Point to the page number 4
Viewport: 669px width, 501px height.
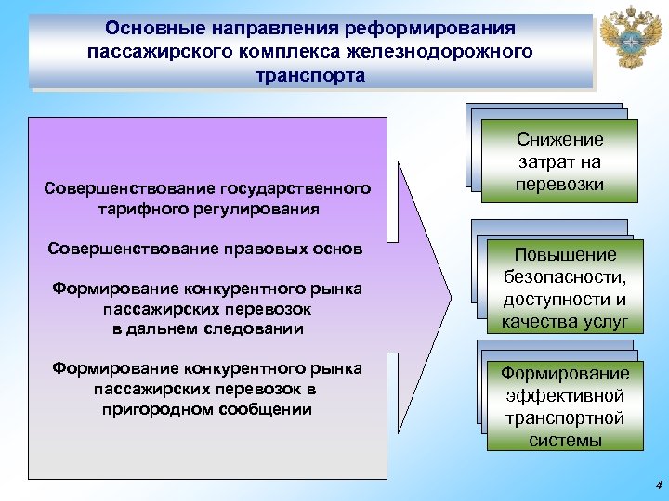pyautogui.click(x=657, y=484)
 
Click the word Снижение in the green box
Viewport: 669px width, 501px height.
pyautogui.click(x=560, y=140)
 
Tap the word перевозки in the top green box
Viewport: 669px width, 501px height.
pyautogui.click(x=560, y=184)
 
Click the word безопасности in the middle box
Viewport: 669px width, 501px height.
pyautogui.click(x=563, y=277)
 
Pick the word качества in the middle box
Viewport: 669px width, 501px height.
pyautogui.click(x=538, y=322)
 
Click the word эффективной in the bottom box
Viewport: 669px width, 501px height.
pyautogui.click(x=565, y=395)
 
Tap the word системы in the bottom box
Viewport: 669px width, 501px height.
pyautogui.click(x=565, y=440)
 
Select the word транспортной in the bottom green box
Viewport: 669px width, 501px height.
pyautogui.click(x=565, y=417)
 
